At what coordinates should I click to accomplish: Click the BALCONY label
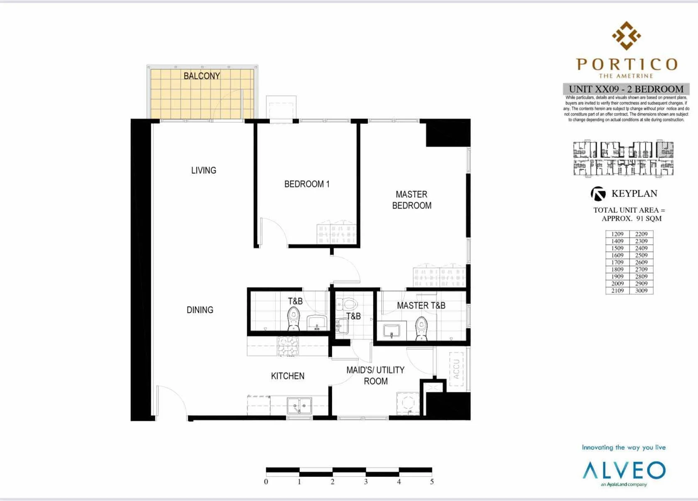pyautogui.click(x=202, y=76)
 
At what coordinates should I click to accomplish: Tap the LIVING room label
pyautogui.click(x=203, y=170)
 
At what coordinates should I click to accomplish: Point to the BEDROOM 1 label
pyautogui.click(x=307, y=184)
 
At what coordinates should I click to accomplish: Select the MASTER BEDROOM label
pyautogui.click(x=411, y=200)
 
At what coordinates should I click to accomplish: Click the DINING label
pyautogui.click(x=200, y=310)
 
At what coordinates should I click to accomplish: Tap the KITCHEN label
pyautogui.click(x=288, y=376)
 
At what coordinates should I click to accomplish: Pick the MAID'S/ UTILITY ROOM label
pyautogui.click(x=375, y=376)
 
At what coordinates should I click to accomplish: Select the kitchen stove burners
pyautogui.click(x=288, y=346)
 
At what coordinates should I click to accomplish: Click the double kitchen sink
pyautogui.click(x=299, y=405)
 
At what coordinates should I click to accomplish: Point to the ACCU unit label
pyautogui.click(x=456, y=369)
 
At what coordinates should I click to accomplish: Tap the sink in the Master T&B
pyautogui.click(x=392, y=331)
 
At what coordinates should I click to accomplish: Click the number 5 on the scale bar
pyautogui.click(x=432, y=482)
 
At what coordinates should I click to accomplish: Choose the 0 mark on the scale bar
pyautogui.click(x=266, y=482)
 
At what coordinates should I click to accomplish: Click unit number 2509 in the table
pyautogui.click(x=641, y=255)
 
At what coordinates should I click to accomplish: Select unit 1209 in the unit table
pyautogui.click(x=617, y=234)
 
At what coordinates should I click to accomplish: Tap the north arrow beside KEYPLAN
pyautogui.click(x=598, y=194)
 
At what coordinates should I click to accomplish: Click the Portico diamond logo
pyautogui.click(x=626, y=36)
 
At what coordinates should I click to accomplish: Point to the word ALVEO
pyautogui.click(x=624, y=471)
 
